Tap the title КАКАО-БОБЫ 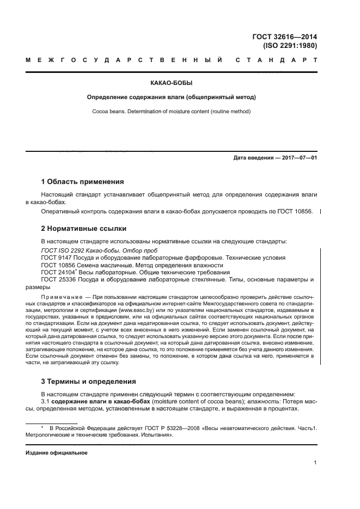(172, 83)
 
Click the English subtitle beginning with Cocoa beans (172, 111)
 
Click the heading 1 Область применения (82, 181)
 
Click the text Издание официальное (57, 452)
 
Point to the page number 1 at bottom (315, 463)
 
